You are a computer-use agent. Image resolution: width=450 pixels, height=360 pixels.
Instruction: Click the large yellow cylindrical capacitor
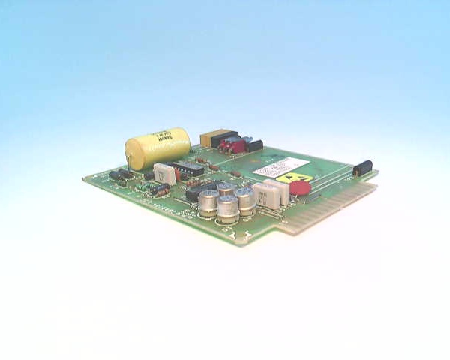[x=158, y=147]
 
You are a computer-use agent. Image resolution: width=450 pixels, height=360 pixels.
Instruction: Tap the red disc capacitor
[x=300, y=187]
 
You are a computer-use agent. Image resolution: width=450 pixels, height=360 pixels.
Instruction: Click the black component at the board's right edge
[x=363, y=167]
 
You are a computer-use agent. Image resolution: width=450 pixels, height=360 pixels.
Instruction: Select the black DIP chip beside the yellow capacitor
[x=186, y=168]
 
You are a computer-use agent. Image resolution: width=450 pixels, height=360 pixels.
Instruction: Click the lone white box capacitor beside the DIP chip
[x=165, y=174]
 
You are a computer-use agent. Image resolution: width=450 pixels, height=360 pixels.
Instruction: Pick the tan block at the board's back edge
[x=209, y=138]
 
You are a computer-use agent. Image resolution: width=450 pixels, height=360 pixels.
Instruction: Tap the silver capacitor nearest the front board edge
[x=228, y=208]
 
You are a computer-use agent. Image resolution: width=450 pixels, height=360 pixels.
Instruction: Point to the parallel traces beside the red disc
[x=330, y=184]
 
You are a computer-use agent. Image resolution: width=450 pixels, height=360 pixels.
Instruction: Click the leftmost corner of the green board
[x=83, y=180]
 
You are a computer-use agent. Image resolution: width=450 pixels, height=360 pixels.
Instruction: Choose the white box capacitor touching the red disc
[x=279, y=193]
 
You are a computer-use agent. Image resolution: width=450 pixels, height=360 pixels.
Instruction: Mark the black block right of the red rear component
[x=253, y=145]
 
